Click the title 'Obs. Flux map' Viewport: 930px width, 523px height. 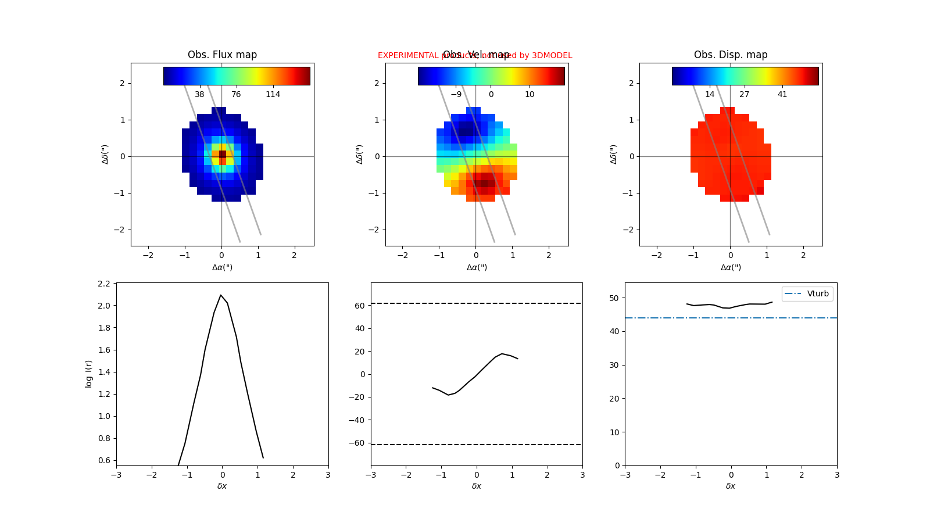point(222,55)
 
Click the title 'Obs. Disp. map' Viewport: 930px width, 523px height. point(731,55)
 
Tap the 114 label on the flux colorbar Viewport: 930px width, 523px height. point(273,94)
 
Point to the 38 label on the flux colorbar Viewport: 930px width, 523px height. point(199,94)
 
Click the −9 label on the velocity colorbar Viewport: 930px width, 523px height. point(456,94)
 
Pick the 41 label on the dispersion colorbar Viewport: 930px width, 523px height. point(782,94)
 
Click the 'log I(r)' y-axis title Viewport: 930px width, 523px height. point(89,374)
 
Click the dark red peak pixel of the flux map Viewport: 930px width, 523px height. point(222,154)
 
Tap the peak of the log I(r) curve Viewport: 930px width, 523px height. point(221,295)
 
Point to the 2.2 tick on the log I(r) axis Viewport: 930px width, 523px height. point(104,284)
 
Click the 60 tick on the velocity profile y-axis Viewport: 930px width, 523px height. point(360,306)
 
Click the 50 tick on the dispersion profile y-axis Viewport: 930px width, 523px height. point(614,298)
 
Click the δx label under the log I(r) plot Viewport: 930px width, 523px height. point(222,486)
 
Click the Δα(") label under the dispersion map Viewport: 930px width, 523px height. point(731,267)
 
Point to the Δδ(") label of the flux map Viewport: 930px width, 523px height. point(105,154)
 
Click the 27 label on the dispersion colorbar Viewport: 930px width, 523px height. point(744,94)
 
